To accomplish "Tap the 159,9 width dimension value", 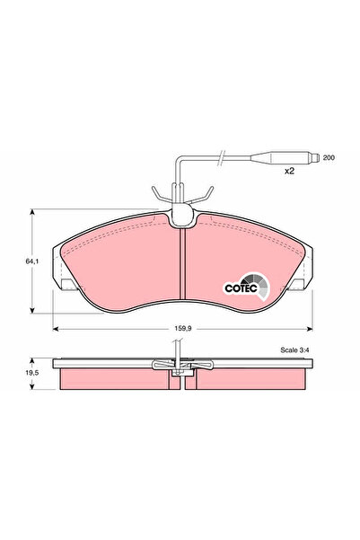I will (x=182, y=331).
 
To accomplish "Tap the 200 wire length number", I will (x=329, y=156).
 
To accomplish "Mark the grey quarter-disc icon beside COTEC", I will (x=262, y=285).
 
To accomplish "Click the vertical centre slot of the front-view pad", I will (x=182, y=266).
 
